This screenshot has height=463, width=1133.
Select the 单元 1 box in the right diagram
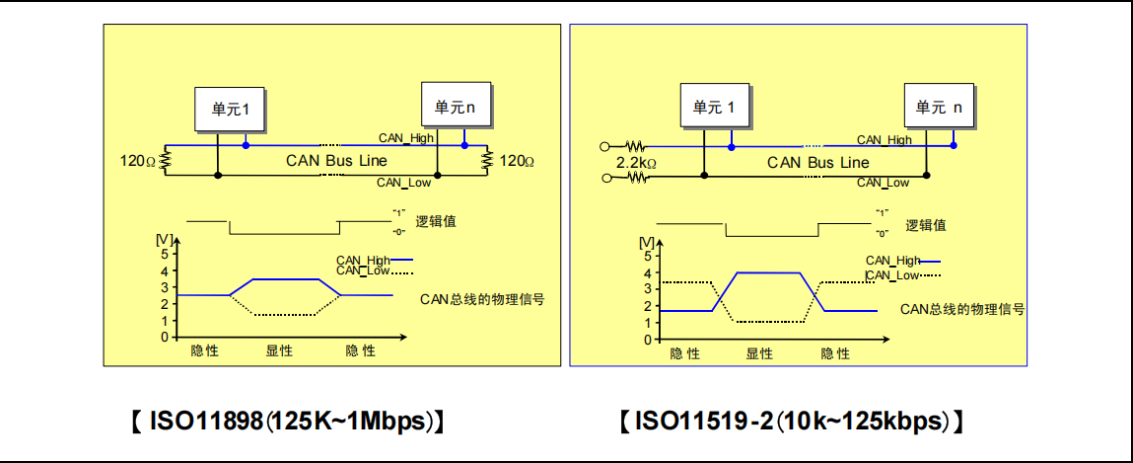click(714, 108)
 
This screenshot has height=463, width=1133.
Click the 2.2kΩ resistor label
click(636, 162)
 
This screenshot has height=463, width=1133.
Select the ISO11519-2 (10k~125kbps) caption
click(791, 422)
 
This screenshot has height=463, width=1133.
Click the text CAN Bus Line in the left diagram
click(336, 160)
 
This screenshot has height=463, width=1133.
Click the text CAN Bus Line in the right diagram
click(818, 162)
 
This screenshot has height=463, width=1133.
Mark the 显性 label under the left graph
click(279, 350)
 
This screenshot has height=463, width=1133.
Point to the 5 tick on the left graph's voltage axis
click(165, 253)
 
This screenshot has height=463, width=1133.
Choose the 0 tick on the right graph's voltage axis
click(646, 339)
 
